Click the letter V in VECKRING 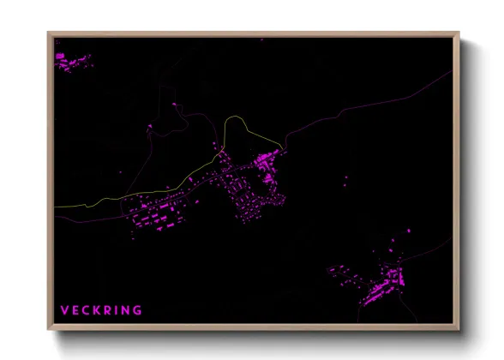click(64, 309)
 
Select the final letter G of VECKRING click(137, 309)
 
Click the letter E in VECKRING click(75, 309)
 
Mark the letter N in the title click(127, 309)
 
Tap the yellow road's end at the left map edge click(56, 207)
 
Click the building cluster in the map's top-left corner click(71, 61)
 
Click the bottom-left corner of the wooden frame click(50, 329)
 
